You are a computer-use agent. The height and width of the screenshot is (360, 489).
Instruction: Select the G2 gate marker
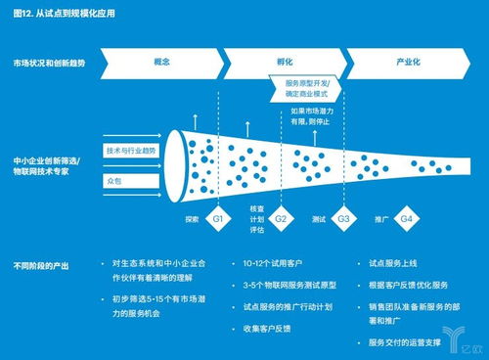click(x=282, y=220)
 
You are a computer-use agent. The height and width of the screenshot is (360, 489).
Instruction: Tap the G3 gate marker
click(x=343, y=220)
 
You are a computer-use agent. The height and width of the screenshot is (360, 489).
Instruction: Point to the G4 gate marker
click(x=406, y=220)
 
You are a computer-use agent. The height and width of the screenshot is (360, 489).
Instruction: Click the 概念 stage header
click(x=162, y=61)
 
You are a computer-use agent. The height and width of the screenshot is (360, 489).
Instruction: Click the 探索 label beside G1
click(x=192, y=220)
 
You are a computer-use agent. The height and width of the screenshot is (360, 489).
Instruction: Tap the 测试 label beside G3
click(x=319, y=220)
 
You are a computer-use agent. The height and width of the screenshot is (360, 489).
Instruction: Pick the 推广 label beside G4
click(x=381, y=220)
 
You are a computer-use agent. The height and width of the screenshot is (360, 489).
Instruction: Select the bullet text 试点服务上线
click(x=400, y=265)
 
